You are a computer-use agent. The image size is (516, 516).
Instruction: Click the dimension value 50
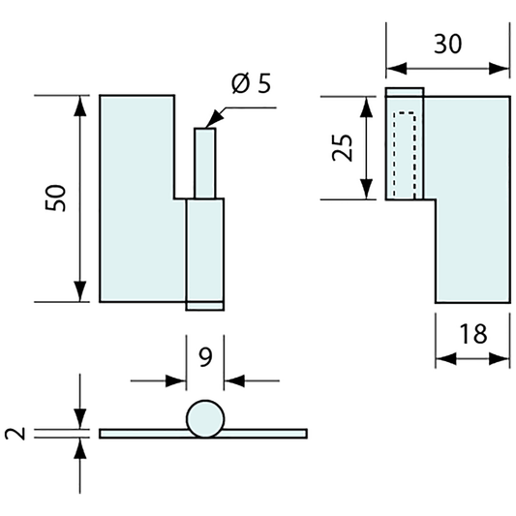[55, 198]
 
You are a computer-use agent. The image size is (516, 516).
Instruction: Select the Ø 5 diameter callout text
[251, 83]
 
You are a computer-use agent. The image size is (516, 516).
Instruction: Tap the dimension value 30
[447, 45]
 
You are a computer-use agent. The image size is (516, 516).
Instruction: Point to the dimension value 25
[343, 148]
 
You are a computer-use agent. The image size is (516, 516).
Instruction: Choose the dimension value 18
[472, 334]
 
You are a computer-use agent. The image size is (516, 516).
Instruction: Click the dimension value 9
[205, 357]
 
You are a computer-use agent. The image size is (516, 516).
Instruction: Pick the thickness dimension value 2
[15, 434]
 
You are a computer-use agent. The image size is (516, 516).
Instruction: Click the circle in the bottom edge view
[205, 419]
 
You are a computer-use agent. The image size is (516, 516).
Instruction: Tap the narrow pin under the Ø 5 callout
[204, 164]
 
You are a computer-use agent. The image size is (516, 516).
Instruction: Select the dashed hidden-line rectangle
[404, 155]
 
